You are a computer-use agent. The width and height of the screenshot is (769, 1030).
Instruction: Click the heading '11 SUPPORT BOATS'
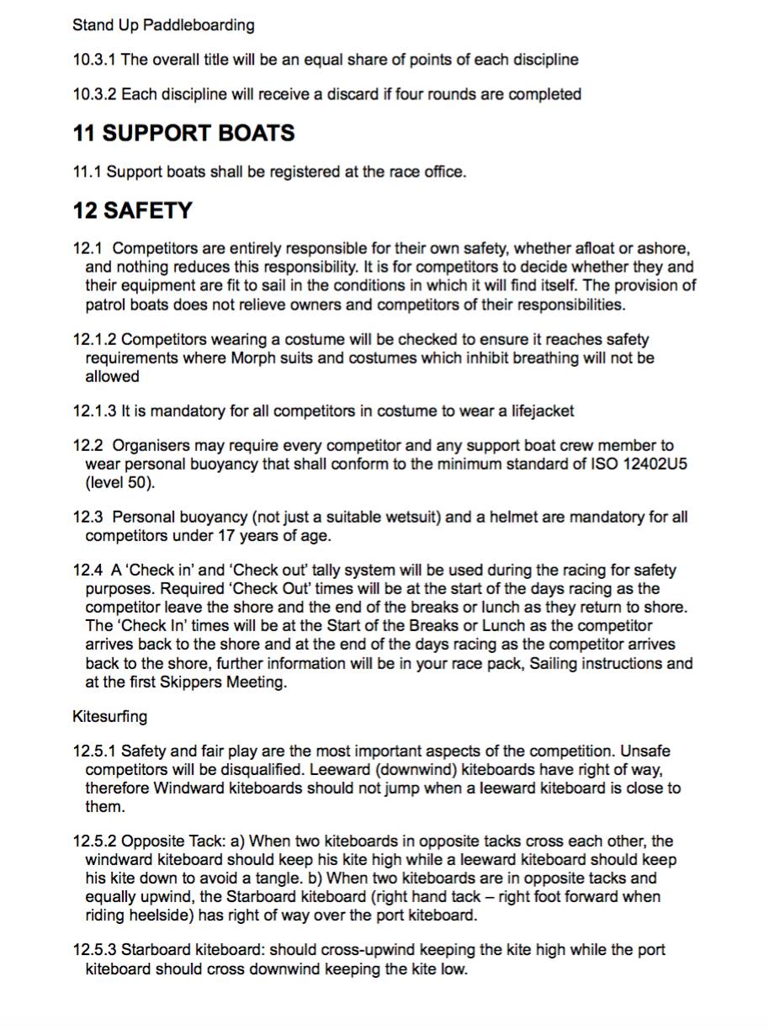pyautogui.click(x=183, y=133)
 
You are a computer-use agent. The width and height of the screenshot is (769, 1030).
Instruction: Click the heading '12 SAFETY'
pyautogui.click(x=132, y=210)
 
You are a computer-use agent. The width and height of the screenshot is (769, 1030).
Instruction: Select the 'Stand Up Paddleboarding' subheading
pyautogui.click(x=163, y=25)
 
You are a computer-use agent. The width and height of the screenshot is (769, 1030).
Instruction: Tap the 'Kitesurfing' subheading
pyautogui.click(x=109, y=717)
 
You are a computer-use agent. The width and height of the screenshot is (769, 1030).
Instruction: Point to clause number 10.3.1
pyautogui.click(x=95, y=60)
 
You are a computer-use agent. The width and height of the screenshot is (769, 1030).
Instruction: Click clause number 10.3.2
pyautogui.click(x=95, y=94)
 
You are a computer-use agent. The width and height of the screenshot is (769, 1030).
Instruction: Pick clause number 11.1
pyautogui.click(x=88, y=172)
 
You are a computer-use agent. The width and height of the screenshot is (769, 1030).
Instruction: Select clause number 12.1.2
pyautogui.click(x=95, y=340)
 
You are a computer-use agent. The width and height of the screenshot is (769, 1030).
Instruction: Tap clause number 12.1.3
pyautogui.click(x=95, y=411)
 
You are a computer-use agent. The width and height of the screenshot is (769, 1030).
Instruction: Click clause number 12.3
pyautogui.click(x=88, y=517)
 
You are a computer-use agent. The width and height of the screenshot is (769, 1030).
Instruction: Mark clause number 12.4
pyautogui.click(x=88, y=571)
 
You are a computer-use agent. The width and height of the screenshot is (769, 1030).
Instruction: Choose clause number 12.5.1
pyautogui.click(x=95, y=751)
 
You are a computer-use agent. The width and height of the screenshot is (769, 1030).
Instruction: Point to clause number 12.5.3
pyautogui.click(x=95, y=950)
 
